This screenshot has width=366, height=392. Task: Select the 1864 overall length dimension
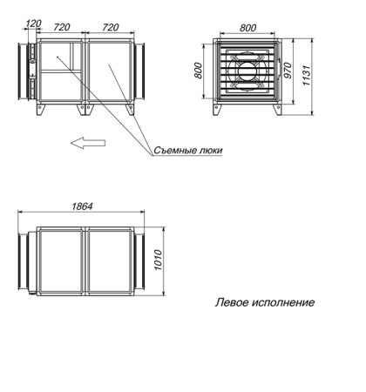(x=84, y=206)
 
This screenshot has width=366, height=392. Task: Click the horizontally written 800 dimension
(x=248, y=27)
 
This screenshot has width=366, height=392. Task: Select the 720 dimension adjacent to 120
(x=61, y=27)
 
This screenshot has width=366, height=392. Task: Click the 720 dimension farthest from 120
(x=110, y=27)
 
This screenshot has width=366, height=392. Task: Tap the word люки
(x=209, y=150)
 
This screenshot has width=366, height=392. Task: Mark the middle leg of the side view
(x=85, y=112)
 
